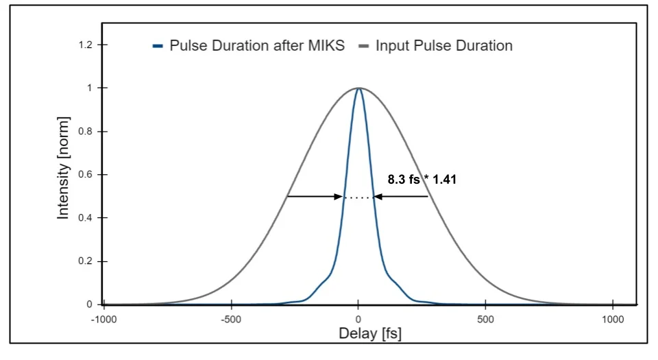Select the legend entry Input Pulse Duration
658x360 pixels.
(x=443, y=47)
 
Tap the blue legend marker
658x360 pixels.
(x=158, y=47)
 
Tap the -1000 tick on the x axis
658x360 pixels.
(x=103, y=320)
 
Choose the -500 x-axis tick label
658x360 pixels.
(x=231, y=320)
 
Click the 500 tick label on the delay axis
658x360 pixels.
(x=485, y=320)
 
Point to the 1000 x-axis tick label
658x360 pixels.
(x=613, y=320)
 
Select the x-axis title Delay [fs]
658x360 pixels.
(x=370, y=334)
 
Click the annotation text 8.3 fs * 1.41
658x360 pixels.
(x=422, y=180)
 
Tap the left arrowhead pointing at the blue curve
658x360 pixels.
(x=339, y=197)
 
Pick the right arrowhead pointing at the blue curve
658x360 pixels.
(x=378, y=197)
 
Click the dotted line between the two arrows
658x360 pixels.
(x=358, y=197)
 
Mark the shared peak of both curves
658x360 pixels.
(x=358, y=88)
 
